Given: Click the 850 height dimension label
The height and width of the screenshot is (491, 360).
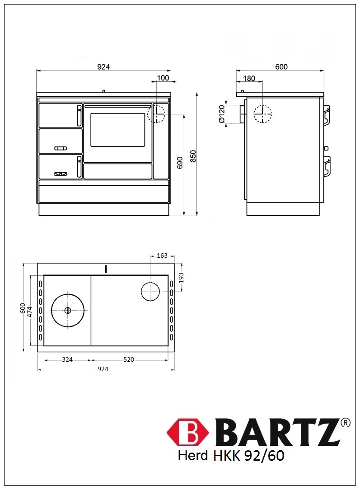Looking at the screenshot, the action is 193,156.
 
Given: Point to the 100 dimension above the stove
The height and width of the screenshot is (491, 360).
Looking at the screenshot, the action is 163,78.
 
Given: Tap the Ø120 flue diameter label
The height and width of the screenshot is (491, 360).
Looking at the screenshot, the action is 221,114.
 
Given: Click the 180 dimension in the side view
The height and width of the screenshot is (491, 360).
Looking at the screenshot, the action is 249,78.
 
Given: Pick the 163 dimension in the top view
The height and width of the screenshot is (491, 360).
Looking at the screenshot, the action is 162,255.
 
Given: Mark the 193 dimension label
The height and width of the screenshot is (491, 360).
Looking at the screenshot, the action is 181,278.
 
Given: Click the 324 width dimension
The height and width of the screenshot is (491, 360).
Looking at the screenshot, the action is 67,359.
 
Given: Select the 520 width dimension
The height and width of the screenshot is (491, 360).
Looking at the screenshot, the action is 129,359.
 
